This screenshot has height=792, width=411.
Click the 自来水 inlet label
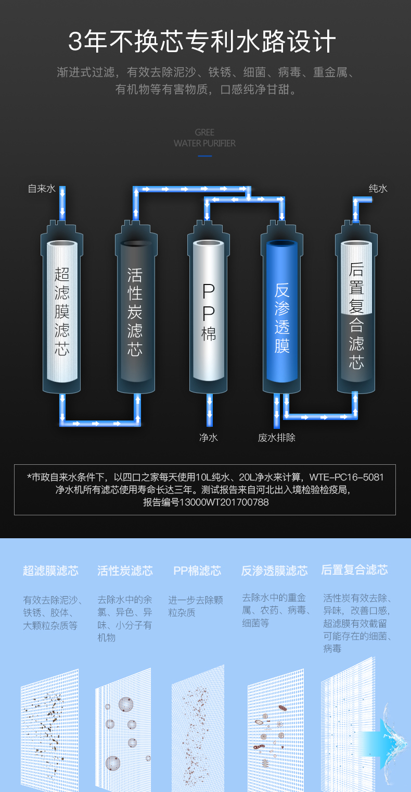pos(41,189)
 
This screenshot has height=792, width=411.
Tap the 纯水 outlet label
pos(378,189)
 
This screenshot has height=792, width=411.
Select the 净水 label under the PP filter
pos(208,438)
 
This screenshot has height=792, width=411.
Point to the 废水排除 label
pos(276,438)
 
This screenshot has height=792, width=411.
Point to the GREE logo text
pos(204,132)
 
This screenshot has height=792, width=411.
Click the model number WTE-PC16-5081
pos(346,477)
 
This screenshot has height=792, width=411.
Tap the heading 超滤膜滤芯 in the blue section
pos(50,571)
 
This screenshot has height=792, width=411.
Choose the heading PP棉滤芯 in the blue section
pos(197,571)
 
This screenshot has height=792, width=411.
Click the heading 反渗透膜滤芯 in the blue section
pos(274,571)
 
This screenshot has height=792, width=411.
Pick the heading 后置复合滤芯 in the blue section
pos(354,570)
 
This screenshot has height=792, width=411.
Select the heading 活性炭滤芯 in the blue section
pos(125,571)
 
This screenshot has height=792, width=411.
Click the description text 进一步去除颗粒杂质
pos(195,606)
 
